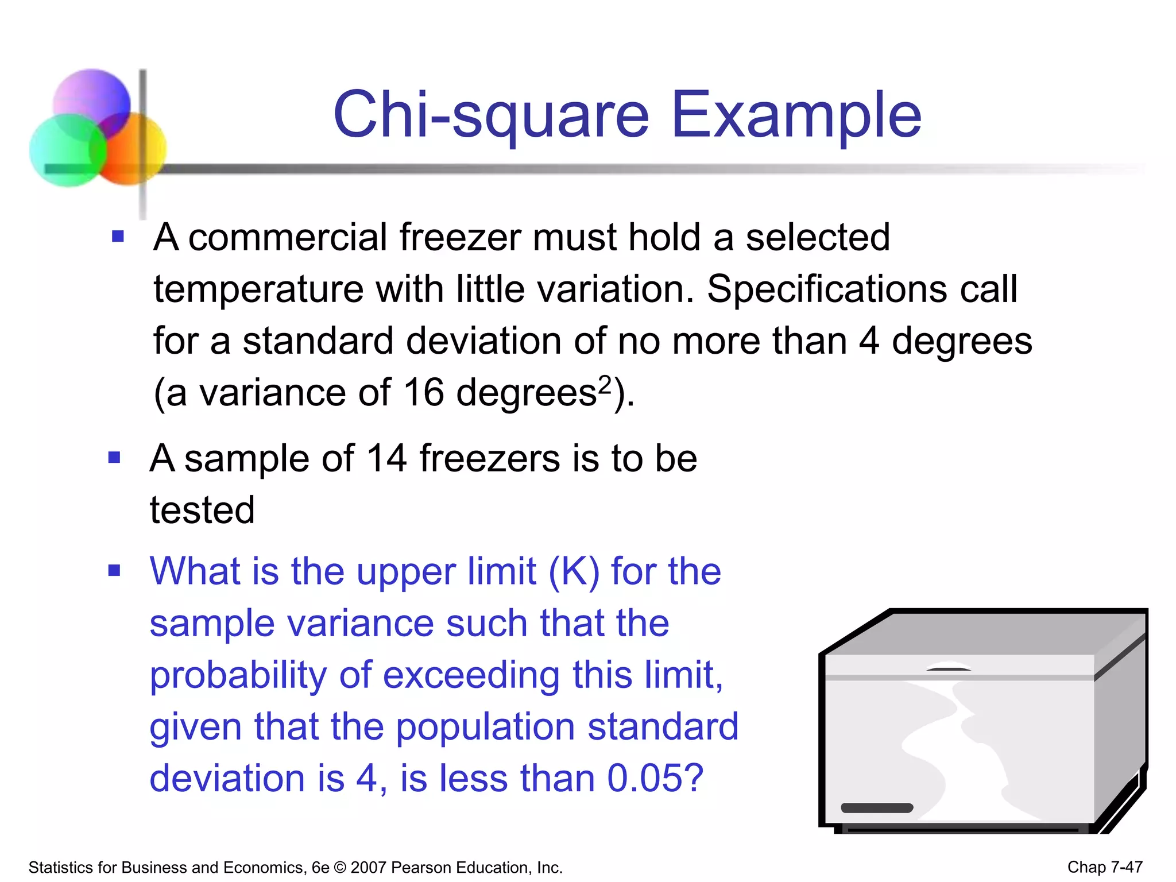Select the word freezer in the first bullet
point(460,237)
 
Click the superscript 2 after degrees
point(605,383)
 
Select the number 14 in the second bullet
point(386,459)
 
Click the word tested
point(202,510)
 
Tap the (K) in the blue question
point(574,572)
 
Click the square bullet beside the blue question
point(115,571)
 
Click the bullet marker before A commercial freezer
point(118,237)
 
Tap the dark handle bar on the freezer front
point(876,808)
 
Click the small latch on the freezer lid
point(948,669)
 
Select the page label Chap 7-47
point(1104,867)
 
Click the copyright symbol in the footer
point(340,868)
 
